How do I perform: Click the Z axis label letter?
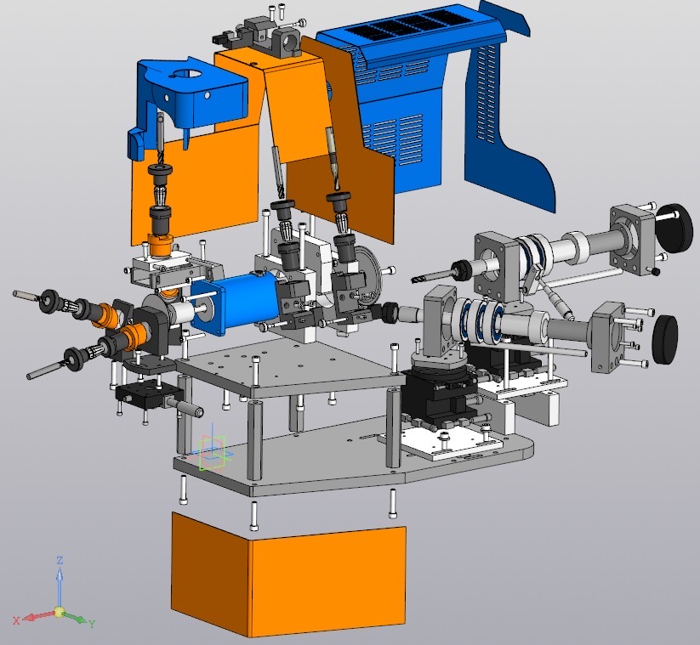point(60,561)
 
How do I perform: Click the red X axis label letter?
point(16,620)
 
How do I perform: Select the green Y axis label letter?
point(92,624)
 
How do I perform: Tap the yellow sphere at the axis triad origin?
point(59,612)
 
